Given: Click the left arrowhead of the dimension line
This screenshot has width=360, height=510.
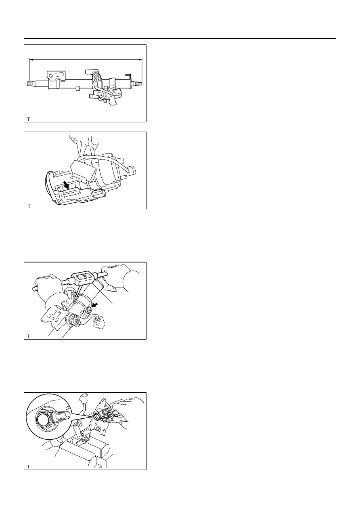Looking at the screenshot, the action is pos(31,60).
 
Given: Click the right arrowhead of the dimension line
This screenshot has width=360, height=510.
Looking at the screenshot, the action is pos(140,60).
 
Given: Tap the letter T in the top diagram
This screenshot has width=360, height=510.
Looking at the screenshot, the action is pos(28,119).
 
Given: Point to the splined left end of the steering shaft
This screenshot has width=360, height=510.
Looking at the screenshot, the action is pos(29,84).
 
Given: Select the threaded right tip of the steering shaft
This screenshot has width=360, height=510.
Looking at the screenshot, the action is pos(140,84).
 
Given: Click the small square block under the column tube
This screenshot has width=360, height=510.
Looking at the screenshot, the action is pos(77,88).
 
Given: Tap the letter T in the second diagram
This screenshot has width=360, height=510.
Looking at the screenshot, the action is pos(29,206).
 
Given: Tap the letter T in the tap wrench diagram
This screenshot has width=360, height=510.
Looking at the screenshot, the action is pos(28,336).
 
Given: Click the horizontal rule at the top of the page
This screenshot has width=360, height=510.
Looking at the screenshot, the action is pos(180,38).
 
